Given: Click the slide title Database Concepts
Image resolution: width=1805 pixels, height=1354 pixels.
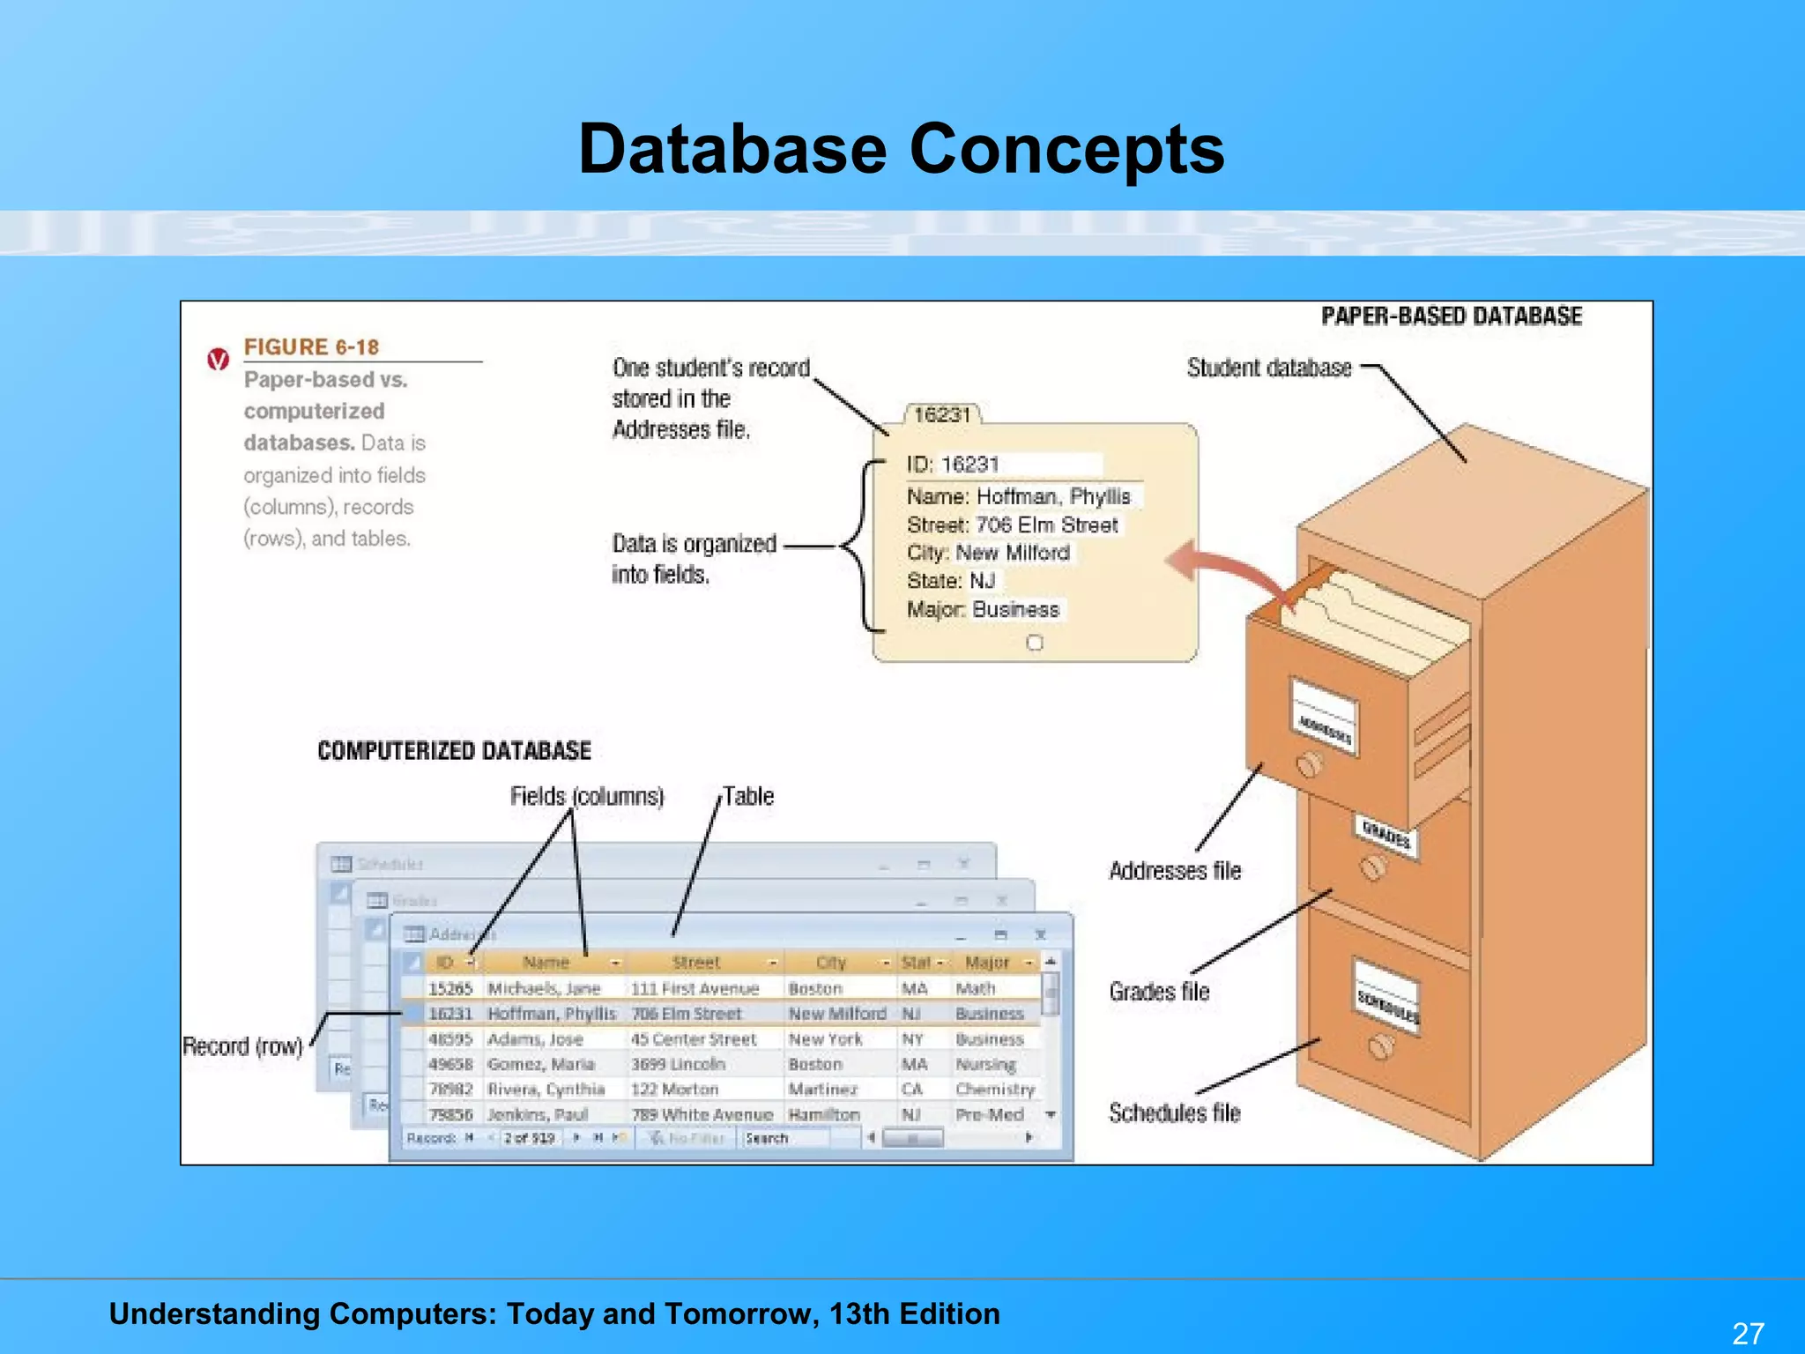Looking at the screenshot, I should pyautogui.click(x=901, y=149).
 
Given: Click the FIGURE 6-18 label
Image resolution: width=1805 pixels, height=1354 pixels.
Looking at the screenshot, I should pyautogui.click(x=311, y=347).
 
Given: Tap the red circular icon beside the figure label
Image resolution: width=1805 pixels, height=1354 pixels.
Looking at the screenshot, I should pyautogui.click(x=218, y=360).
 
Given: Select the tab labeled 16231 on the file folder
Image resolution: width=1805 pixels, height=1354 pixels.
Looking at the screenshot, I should pyautogui.click(x=942, y=415).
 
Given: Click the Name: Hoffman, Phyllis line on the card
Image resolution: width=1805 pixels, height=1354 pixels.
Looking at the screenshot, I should pyautogui.click(x=1018, y=496).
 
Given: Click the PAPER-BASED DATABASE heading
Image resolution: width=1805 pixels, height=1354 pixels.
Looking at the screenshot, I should pyautogui.click(x=1451, y=316).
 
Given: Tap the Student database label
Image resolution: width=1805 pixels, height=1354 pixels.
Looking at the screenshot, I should pyautogui.click(x=1268, y=368).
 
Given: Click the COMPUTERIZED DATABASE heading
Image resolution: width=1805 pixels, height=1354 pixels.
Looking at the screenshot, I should pyautogui.click(x=454, y=751).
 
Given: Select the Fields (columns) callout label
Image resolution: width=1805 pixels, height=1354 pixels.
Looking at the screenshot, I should pyautogui.click(x=587, y=797).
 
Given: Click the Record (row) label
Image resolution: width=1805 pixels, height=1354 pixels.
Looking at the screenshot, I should pyautogui.click(x=242, y=1046).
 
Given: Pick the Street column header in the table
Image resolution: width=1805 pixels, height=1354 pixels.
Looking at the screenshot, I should pyautogui.click(x=695, y=963).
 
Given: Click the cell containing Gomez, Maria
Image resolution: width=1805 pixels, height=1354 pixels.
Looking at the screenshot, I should pyautogui.click(x=541, y=1065).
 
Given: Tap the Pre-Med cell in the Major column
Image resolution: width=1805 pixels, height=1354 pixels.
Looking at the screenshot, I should pyautogui.click(x=989, y=1115).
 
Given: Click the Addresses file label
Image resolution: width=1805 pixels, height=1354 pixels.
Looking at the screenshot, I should pyautogui.click(x=1174, y=871).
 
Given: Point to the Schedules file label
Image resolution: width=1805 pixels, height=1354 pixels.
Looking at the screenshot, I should pyautogui.click(x=1174, y=1113).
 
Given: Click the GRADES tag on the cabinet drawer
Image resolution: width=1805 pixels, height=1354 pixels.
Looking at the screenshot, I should pyautogui.click(x=1386, y=834).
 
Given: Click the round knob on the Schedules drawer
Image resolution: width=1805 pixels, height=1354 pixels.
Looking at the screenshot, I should pyautogui.click(x=1381, y=1047).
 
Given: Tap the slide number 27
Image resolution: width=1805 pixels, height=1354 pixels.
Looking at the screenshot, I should pyautogui.click(x=1748, y=1333).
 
